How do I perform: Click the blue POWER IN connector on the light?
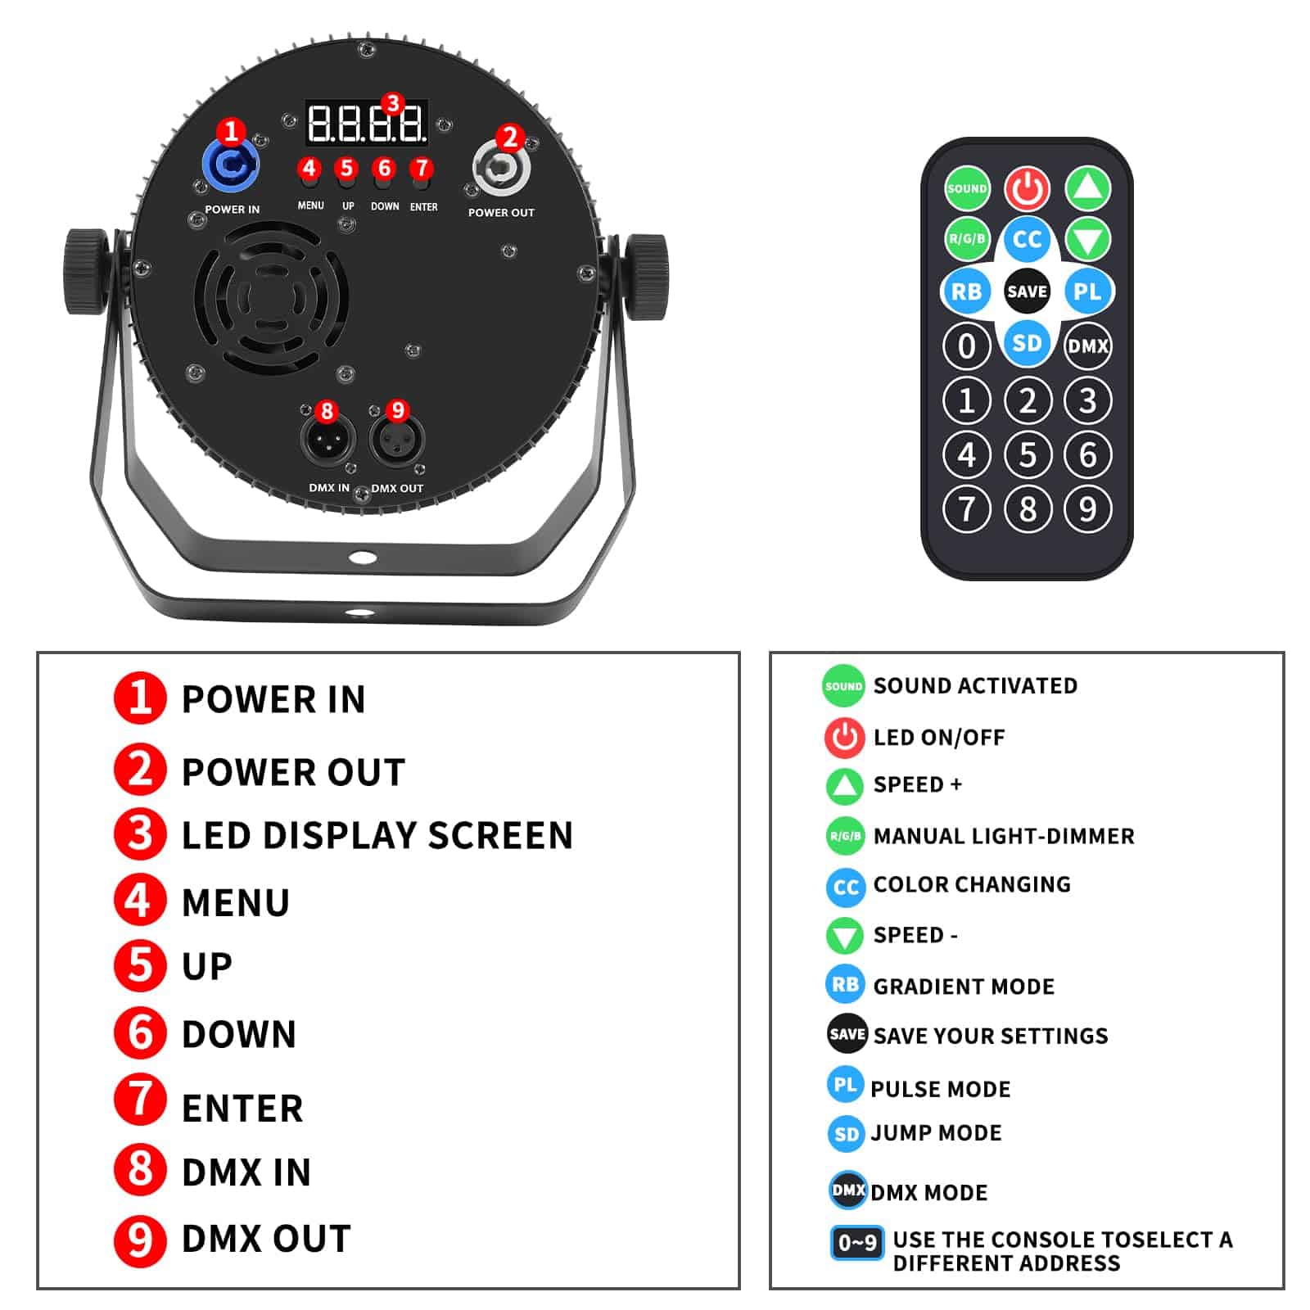[231, 166]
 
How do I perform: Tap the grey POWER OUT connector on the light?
[501, 169]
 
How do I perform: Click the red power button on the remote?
[1027, 188]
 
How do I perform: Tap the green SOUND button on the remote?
[967, 188]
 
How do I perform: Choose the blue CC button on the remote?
[1027, 239]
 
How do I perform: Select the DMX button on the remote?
[1087, 346]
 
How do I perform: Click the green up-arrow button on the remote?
[1087, 188]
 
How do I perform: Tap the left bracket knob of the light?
[86, 272]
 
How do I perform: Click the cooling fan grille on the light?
[271, 297]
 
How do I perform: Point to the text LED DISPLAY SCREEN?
[377, 836]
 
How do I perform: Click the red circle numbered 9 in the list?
[140, 1240]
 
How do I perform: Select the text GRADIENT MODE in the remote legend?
[964, 987]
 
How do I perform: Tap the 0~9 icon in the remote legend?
[856, 1243]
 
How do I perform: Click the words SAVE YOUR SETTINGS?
[991, 1037]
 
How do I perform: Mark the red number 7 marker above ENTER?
[422, 169]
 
